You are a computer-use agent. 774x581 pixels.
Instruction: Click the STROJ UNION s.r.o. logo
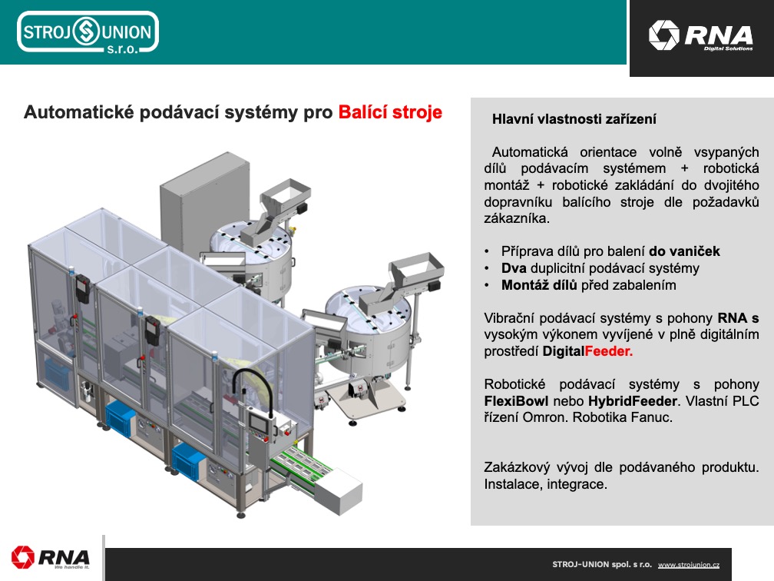(x=88, y=32)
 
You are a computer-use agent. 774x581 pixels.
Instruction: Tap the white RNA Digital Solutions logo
(x=700, y=35)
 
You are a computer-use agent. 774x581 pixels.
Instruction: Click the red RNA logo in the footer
(x=51, y=558)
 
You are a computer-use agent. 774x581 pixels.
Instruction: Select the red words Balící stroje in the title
(x=390, y=112)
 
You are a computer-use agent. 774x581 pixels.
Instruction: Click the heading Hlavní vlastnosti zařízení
(x=574, y=119)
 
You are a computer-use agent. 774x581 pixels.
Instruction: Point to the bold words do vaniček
(x=684, y=251)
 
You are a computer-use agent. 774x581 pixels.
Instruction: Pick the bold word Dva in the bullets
(x=514, y=268)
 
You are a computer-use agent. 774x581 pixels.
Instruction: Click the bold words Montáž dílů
(x=539, y=285)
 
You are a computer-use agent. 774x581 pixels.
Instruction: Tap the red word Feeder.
(x=609, y=351)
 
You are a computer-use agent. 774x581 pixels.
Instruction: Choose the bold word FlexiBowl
(x=516, y=400)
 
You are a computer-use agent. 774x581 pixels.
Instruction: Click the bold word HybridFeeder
(x=633, y=400)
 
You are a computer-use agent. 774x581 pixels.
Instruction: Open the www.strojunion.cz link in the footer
(x=689, y=565)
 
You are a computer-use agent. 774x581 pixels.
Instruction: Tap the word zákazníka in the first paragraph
(x=515, y=218)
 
